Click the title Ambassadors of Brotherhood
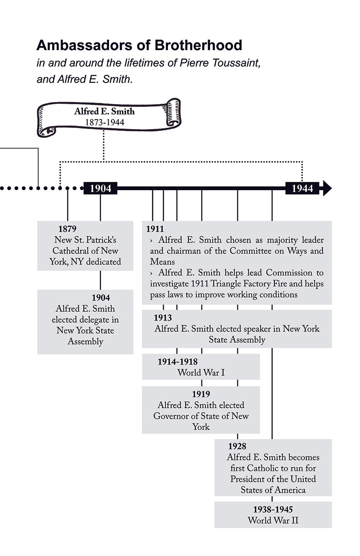coord(139,45)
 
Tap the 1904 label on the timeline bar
coord(100,188)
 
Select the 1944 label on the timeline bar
coord(302,188)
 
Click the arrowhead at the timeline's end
coord(326,188)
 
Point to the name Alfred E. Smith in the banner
coord(104,112)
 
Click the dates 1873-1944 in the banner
coord(104,123)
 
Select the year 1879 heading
coord(67,229)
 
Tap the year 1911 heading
coord(155,229)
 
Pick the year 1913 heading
coord(162,318)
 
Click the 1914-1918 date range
coord(178,362)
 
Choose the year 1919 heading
coord(201,394)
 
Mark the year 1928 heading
coord(237,447)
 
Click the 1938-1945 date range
coord(273,509)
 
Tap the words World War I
coord(201,373)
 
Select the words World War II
coord(273,520)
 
